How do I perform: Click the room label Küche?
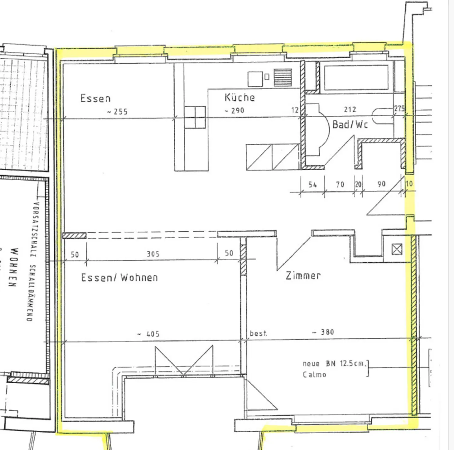pos(240,97)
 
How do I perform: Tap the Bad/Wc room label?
pos(350,124)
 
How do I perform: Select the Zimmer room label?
pos(303,276)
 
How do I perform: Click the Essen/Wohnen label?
pos(119,278)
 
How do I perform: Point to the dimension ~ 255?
pos(117,112)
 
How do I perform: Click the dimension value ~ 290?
pos(234,111)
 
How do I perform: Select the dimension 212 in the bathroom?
pos(350,109)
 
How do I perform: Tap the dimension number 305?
pos(153,254)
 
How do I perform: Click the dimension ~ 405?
pos(148,334)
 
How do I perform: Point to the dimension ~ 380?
pos(323,332)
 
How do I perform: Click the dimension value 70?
pos(340,184)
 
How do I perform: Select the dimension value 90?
pos(381,184)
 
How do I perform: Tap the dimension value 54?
pos(312,185)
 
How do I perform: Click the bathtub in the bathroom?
pos(356,78)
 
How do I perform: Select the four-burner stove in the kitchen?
pos(195,117)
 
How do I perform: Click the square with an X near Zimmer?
pos(397,249)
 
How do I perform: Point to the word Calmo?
pos(314,375)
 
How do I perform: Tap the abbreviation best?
pos(258,333)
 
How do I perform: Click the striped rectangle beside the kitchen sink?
pos(283,77)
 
